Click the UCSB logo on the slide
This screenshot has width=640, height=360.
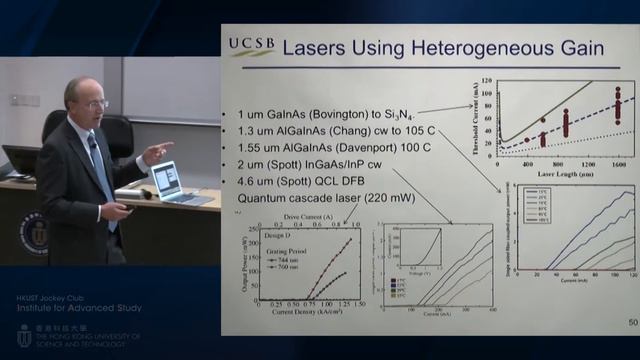point(250,46)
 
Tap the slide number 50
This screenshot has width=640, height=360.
point(632,323)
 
